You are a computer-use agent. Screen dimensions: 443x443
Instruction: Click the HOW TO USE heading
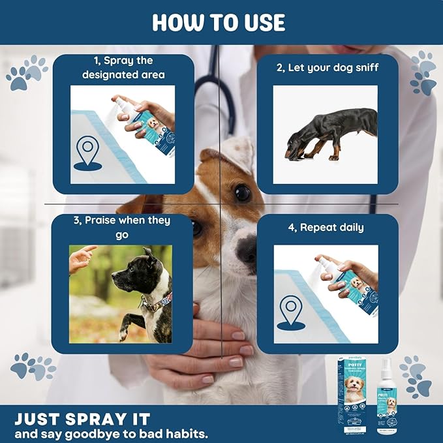219,22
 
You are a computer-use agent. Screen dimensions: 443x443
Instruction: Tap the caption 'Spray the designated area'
123,68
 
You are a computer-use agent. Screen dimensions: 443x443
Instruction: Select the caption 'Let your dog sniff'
327,67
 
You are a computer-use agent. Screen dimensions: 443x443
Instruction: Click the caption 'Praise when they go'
122,227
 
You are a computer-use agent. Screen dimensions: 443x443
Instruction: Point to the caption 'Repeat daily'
327,228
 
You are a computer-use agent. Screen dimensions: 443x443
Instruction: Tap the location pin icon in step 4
290,311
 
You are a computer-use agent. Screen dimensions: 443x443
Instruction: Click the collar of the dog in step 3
155,302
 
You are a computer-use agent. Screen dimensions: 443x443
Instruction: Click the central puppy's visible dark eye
242,192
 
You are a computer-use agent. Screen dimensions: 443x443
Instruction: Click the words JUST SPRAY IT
82,418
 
